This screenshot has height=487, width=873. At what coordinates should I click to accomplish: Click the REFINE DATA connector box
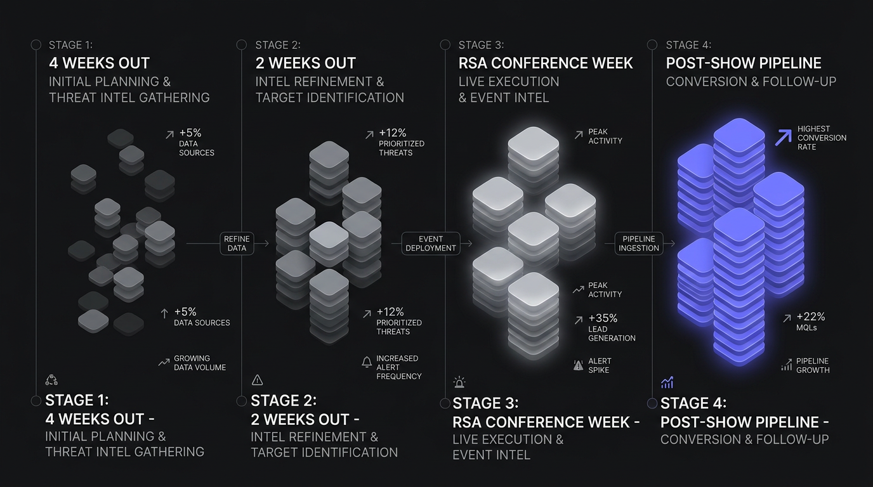[237, 243]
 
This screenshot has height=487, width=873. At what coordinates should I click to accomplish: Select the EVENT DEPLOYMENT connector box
[431, 243]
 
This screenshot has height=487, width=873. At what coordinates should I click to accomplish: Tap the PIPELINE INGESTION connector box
[639, 243]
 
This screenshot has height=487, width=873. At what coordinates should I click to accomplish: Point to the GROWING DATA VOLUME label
[200, 363]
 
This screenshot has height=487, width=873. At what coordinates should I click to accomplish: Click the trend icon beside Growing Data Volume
[164, 363]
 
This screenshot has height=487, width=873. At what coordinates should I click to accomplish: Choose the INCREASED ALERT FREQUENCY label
[398, 367]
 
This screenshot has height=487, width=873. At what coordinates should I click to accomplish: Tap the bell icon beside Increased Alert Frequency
[367, 362]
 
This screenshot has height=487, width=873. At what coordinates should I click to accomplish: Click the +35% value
[603, 318]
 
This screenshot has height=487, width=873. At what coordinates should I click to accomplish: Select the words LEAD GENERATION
[612, 334]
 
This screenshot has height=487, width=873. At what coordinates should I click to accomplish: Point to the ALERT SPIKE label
[600, 365]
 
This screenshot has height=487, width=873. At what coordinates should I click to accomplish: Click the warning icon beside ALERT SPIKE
[578, 365]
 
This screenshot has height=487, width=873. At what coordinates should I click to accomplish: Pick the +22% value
[811, 316]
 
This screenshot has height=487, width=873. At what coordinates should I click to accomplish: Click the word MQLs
[806, 328]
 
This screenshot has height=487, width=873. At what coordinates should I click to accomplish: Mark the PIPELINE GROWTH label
[813, 365]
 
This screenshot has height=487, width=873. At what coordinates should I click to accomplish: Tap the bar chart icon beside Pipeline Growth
[786, 365]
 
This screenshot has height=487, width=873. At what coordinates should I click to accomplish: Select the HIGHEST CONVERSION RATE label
[822, 138]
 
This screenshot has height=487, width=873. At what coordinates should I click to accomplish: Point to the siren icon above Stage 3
[459, 382]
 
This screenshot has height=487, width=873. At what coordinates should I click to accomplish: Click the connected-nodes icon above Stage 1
[52, 380]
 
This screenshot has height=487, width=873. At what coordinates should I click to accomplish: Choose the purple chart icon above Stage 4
[667, 382]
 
